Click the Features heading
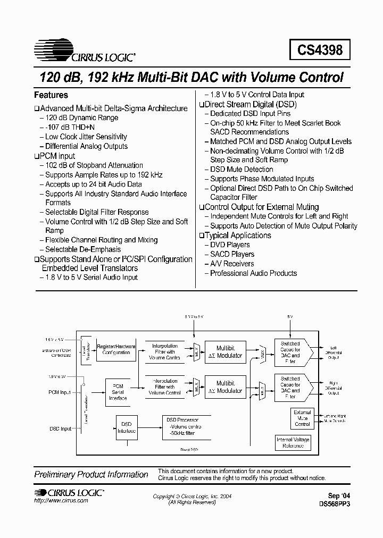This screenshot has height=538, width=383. tap(51, 95)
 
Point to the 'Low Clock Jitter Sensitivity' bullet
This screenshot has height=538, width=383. tap(86, 137)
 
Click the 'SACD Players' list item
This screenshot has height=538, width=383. tap(232, 254)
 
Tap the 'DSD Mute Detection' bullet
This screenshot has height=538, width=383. tap(242, 169)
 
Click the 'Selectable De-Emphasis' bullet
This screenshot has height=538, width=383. tap(82, 249)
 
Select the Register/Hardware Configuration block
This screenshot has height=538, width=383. tap(116, 349)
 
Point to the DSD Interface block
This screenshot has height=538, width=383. tap(126, 427)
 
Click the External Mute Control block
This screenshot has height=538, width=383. tap(302, 418)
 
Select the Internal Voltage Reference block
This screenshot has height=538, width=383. tap(293, 442)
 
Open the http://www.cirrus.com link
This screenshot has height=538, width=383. tap(61, 501)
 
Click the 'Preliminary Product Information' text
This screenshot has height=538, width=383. tap(91, 474)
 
